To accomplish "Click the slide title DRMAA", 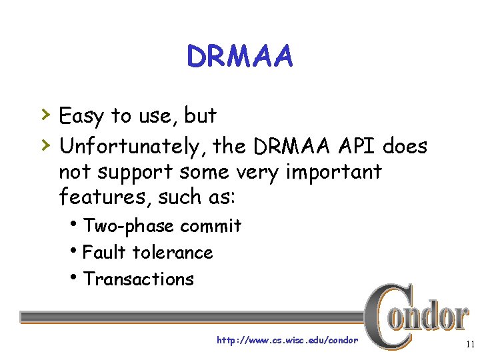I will [x=239, y=57].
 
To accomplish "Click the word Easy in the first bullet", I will [x=81, y=117].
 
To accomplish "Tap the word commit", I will [x=211, y=227].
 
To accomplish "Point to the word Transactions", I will [x=139, y=279].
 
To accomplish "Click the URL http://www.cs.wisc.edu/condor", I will [x=287, y=340].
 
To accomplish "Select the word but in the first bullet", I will [x=201, y=116].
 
